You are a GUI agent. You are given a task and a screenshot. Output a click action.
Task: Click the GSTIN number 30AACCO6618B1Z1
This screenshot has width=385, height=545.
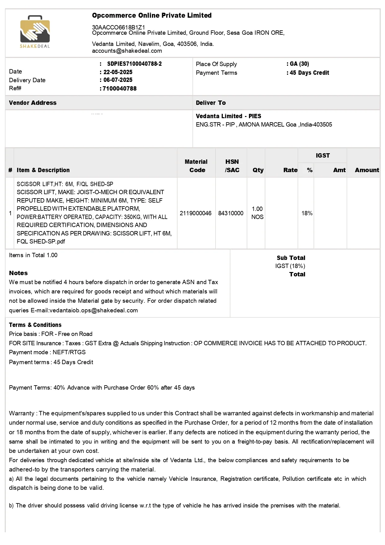pyautogui.click(x=118, y=27)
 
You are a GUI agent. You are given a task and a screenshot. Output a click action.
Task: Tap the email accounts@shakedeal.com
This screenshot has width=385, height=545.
pyautogui.click(x=127, y=51)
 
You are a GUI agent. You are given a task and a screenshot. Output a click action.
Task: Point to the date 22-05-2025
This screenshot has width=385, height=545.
pyautogui.click(x=118, y=72)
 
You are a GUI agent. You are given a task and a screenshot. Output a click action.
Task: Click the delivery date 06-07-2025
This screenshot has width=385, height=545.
pyautogui.click(x=118, y=80)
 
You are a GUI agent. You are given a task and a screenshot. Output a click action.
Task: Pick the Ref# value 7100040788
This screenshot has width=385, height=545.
pyautogui.click(x=120, y=89)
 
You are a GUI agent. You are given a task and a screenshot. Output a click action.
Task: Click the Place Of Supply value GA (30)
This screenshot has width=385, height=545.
pyautogui.click(x=299, y=64)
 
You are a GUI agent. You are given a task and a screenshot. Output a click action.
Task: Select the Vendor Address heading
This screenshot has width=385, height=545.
pyautogui.click(x=33, y=103)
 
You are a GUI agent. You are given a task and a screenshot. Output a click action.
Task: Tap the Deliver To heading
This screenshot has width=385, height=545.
pyautogui.click(x=211, y=103)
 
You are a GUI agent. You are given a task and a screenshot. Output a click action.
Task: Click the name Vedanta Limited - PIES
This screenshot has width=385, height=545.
pyautogui.click(x=228, y=116)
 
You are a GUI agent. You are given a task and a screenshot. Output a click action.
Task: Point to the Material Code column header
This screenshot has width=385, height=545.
pyautogui.click(x=196, y=166)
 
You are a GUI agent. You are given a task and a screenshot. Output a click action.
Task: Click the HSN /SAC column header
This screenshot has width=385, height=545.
pyautogui.click(x=232, y=166)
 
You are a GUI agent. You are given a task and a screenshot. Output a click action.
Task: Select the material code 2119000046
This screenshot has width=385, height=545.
pyautogui.click(x=196, y=213)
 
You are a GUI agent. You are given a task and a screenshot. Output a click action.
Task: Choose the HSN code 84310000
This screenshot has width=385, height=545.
pyautogui.click(x=231, y=213)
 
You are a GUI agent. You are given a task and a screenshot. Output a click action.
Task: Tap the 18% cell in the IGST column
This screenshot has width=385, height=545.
pyautogui.click(x=307, y=213)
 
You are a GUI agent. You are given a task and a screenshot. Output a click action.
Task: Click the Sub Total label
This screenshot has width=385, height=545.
pyautogui.click(x=291, y=258)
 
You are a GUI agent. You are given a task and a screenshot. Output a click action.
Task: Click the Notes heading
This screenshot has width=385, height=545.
pyautogui.click(x=18, y=273)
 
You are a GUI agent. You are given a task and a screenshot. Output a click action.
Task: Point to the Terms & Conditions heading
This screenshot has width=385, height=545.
pyautogui.click(x=35, y=325)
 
